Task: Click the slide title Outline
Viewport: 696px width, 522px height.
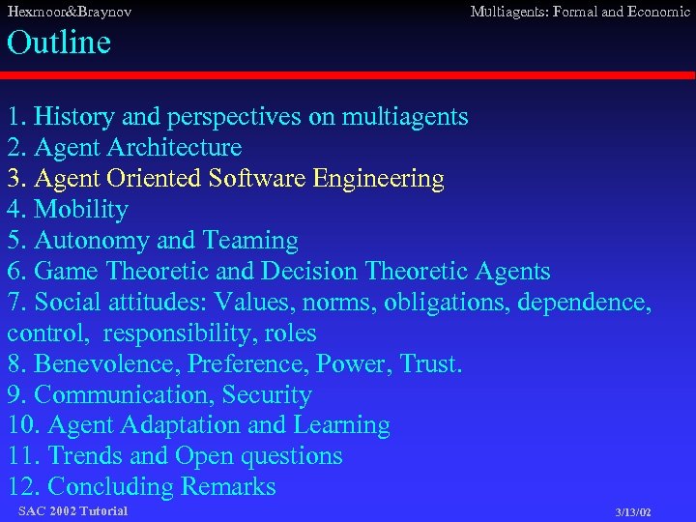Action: pyautogui.click(x=59, y=43)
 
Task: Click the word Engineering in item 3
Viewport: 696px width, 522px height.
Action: pyautogui.click(x=383, y=179)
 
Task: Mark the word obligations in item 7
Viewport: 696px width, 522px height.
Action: pyautogui.click(x=447, y=303)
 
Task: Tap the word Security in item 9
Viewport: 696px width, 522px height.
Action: pyautogui.click(x=267, y=395)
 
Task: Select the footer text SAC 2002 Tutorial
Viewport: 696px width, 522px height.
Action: pyautogui.click(x=72, y=510)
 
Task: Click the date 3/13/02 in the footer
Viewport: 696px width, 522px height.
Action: pyautogui.click(x=633, y=511)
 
